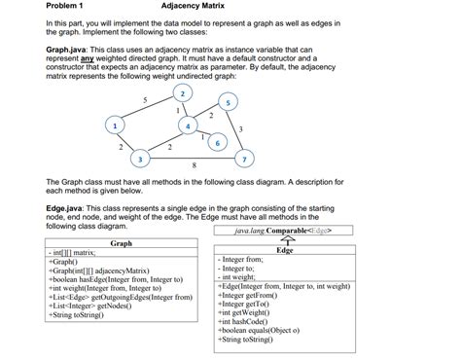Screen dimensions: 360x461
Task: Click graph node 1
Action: point(116,125)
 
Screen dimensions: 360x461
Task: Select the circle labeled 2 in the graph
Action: point(182,92)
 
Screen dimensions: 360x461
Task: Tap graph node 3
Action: point(141,158)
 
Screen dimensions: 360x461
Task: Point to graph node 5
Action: point(228,101)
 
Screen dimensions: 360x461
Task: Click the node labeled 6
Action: point(217,143)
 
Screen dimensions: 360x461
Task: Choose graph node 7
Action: point(245,158)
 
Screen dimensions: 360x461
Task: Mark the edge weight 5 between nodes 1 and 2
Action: point(144,100)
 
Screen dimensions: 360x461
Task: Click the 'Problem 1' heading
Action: point(65,8)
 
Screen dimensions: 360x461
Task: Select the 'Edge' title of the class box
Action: point(285,250)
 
